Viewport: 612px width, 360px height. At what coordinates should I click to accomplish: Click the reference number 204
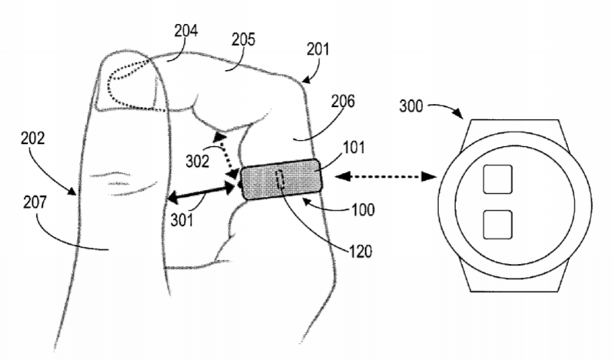(186, 31)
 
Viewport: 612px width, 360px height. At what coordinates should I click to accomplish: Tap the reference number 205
(243, 39)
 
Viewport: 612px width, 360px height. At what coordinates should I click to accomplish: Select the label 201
(318, 49)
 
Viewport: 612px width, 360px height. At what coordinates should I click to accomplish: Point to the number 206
(343, 102)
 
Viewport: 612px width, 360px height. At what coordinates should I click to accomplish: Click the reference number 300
(411, 106)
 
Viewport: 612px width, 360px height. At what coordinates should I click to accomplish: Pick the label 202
(33, 138)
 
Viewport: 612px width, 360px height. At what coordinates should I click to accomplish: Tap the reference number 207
(35, 202)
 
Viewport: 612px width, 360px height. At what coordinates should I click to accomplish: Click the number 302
(198, 162)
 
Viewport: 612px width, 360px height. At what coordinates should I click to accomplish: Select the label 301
(182, 221)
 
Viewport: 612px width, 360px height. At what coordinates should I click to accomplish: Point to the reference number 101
(354, 148)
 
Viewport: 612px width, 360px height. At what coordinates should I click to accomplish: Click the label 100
(363, 210)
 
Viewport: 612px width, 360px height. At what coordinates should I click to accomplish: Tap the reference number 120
(361, 252)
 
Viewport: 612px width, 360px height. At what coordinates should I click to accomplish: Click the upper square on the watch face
(497, 179)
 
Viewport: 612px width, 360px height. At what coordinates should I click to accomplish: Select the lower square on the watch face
(497, 225)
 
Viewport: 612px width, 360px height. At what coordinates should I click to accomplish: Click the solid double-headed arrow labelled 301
(201, 192)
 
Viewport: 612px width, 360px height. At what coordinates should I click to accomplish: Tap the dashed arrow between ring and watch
(385, 177)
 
